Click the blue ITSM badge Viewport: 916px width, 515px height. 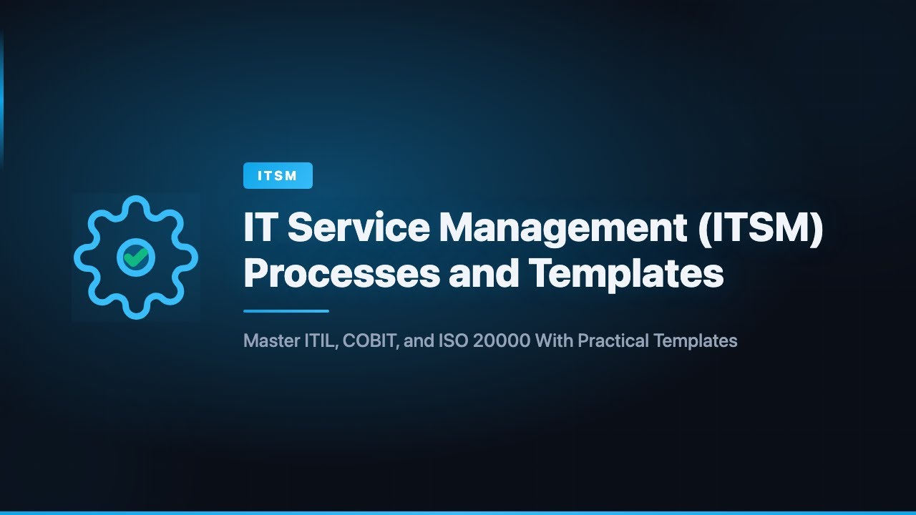(x=278, y=176)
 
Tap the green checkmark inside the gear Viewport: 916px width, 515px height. (x=135, y=257)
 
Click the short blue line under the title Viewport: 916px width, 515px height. (x=286, y=311)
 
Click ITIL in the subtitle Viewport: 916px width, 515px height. (x=318, y=340)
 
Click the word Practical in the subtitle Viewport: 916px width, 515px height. (x=613, y=340)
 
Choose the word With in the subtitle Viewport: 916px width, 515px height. (x=555, y=340)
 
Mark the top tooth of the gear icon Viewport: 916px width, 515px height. (x=135, y=206)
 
